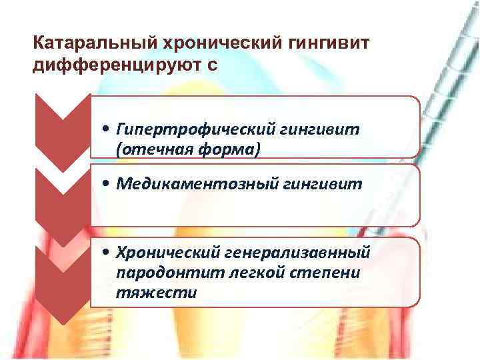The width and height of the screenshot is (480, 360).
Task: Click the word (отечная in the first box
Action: [145, 149]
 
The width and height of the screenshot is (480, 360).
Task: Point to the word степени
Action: [300, 273]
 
